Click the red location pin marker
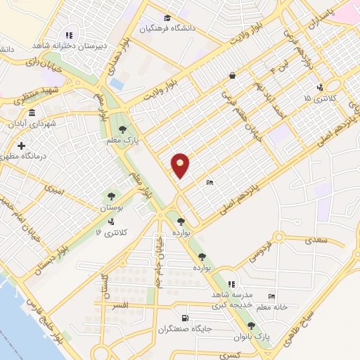point(181,165)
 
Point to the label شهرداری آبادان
point(31,124)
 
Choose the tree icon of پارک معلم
point(123,129)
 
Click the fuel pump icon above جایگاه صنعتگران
point(185,318)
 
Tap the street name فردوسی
point(259,255)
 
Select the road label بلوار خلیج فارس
point(40,316)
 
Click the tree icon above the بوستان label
point(110,195)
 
